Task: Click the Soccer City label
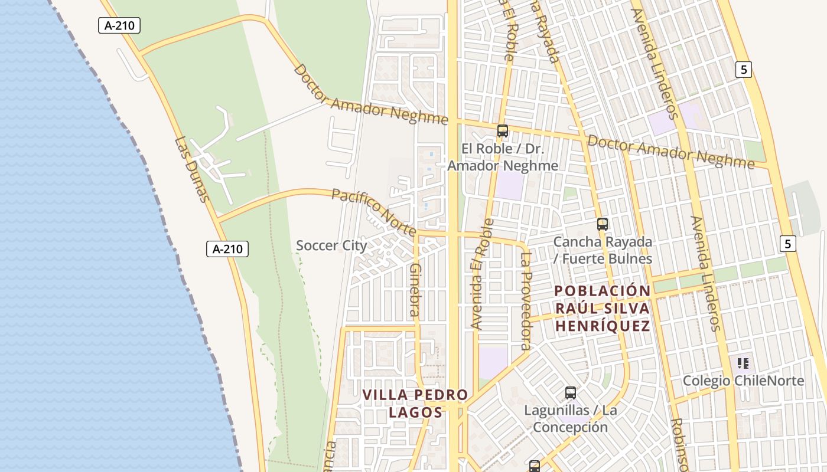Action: (x=331, y=245)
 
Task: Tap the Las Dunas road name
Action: (x=193, y=169)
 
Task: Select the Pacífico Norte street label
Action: (x=373, y=211)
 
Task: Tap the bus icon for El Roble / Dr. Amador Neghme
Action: (x=503, y=131)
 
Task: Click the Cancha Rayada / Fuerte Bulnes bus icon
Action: (x=603, y=224)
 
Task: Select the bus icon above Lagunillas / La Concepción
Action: (x=571, y=393)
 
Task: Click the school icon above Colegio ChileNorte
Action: (x=743, y=363)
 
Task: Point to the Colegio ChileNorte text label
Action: (x=743, y=381)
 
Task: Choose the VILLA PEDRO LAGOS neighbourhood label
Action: (x=415, y=404)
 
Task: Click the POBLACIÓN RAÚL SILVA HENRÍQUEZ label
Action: (x=603, y=308)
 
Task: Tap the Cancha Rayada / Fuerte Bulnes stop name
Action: (x=603, y=250)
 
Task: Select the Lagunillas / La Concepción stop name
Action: (x=571, y=418)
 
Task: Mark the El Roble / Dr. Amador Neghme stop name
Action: (x=503, y=157)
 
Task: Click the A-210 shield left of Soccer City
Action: (x=227, y=249)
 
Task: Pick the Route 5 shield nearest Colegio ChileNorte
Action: (x=787, y=243)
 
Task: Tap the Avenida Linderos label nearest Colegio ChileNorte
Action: (x=706, y=273)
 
